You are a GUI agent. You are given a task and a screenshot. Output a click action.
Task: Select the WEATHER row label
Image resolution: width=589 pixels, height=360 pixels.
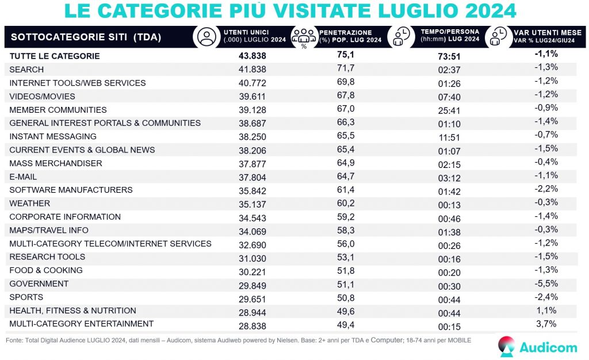29,204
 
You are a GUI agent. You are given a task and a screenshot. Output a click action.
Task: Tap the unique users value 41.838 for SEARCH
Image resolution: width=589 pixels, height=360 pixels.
253,70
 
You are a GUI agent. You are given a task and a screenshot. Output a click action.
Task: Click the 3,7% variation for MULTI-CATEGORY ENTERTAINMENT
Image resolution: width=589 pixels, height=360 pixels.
546,324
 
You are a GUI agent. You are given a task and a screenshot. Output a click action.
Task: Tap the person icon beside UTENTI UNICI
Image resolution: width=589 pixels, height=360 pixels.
205,37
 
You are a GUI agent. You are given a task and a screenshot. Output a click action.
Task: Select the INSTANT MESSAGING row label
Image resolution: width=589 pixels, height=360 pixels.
53,137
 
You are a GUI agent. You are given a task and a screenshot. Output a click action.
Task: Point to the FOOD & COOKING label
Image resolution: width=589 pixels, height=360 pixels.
46,270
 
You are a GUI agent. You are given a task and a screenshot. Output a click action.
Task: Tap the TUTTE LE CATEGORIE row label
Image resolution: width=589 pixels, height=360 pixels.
55,56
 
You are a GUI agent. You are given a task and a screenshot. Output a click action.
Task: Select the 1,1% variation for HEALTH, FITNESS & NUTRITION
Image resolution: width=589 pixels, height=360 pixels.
546,311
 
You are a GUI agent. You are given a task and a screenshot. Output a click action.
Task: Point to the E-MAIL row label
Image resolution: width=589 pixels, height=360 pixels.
25,177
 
